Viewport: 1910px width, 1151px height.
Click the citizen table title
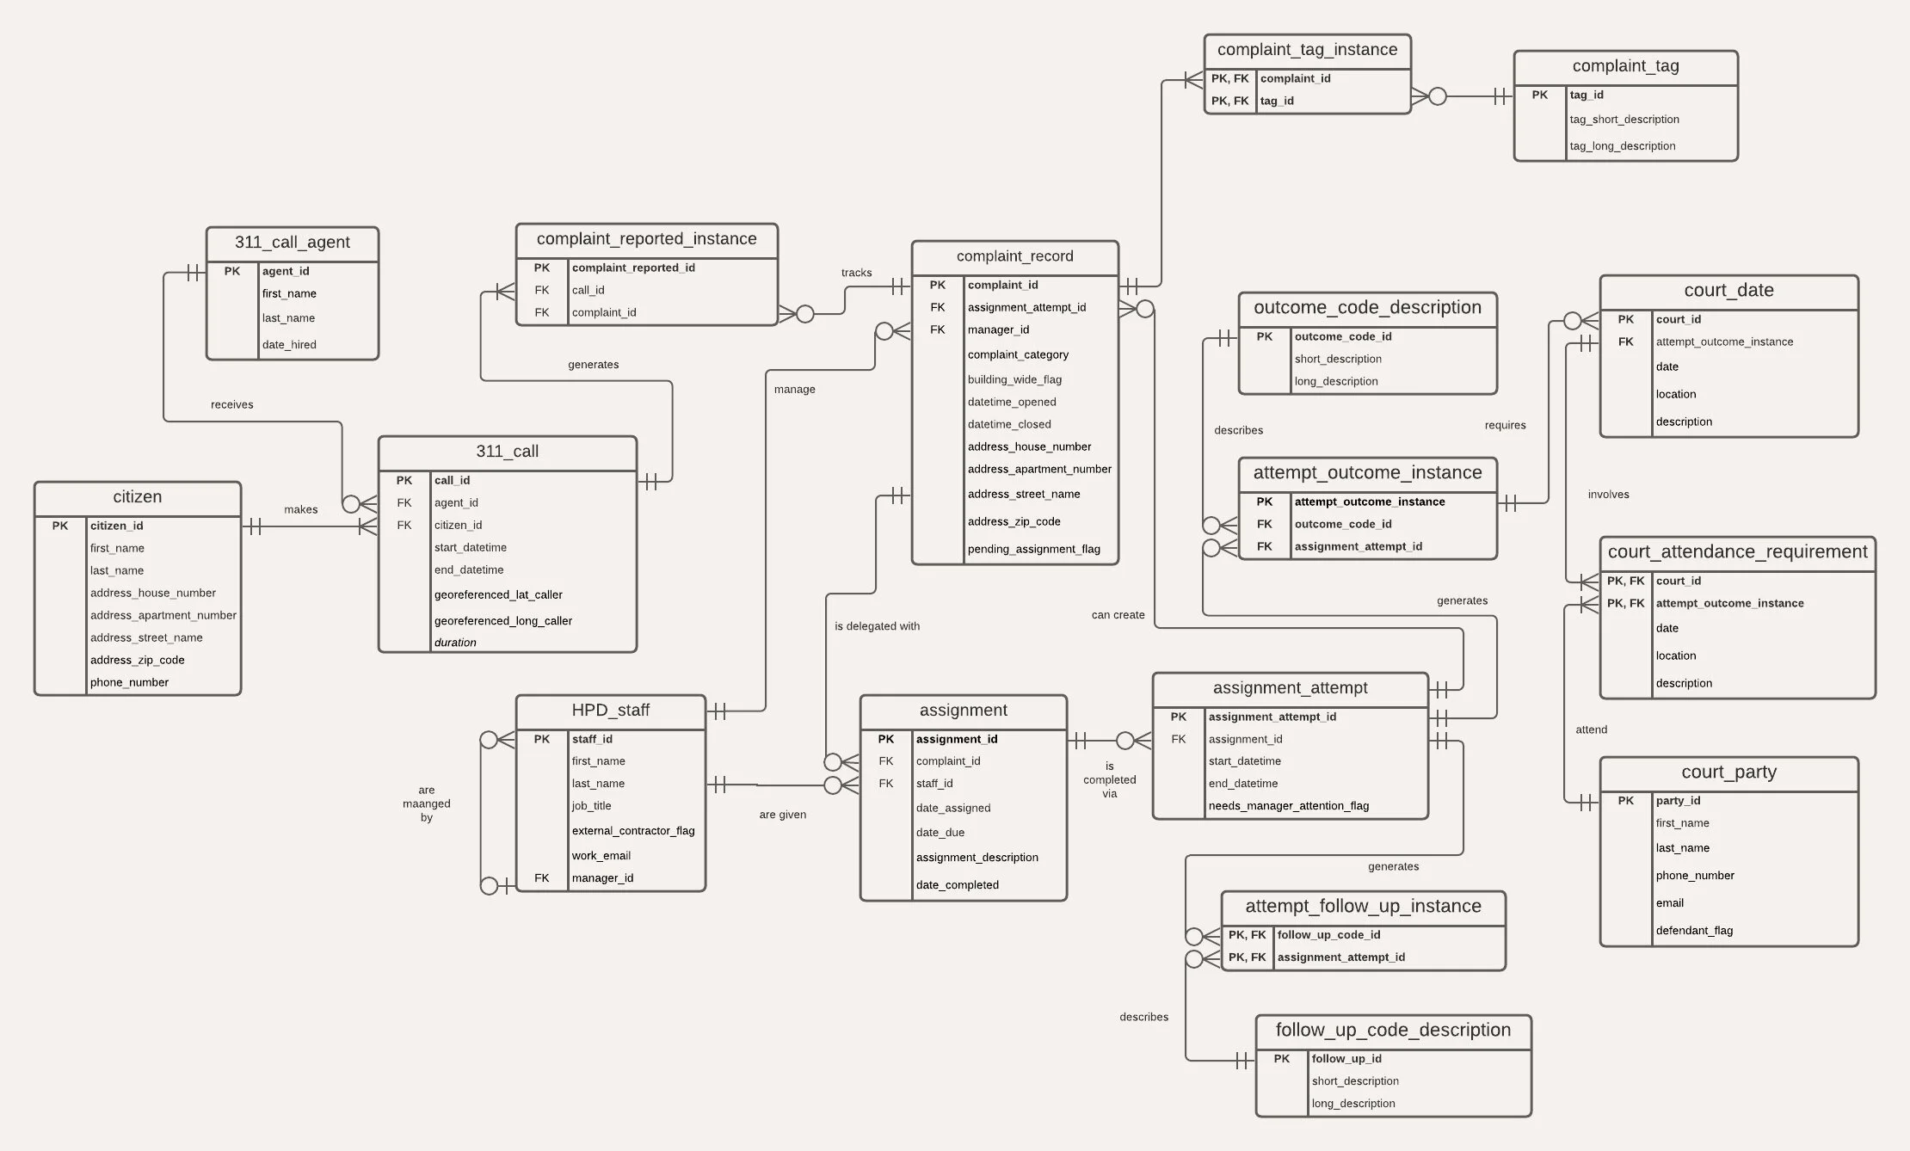point(138,497)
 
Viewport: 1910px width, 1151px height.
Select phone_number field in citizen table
point(129,682)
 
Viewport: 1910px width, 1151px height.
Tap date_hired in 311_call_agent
point(289,345)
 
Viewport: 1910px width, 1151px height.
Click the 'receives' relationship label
point(231,404)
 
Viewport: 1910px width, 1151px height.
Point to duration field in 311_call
point(455,643)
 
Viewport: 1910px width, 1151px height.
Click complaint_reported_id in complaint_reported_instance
point(633,268)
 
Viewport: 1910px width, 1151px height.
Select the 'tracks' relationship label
point(856,273)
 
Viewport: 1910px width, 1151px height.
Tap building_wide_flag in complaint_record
point(1014,379)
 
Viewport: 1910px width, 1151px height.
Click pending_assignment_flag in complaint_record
point(1033,549)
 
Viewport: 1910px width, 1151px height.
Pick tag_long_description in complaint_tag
point(1622,146)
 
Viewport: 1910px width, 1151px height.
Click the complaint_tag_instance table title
point(1307,50)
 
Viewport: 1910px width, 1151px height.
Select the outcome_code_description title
point(1367,308)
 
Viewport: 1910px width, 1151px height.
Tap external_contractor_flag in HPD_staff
point(632,831)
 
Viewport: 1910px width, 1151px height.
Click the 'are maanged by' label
point(427,803)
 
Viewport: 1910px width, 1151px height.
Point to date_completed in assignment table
point(957,885)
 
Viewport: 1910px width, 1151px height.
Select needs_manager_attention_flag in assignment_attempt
point(1288,806)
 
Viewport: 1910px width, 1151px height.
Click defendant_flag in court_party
point(1694,931)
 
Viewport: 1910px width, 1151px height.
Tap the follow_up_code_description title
point(1393,1031)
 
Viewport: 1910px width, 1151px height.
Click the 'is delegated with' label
point(877,626)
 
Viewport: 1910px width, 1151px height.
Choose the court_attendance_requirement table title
point(1737,552)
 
